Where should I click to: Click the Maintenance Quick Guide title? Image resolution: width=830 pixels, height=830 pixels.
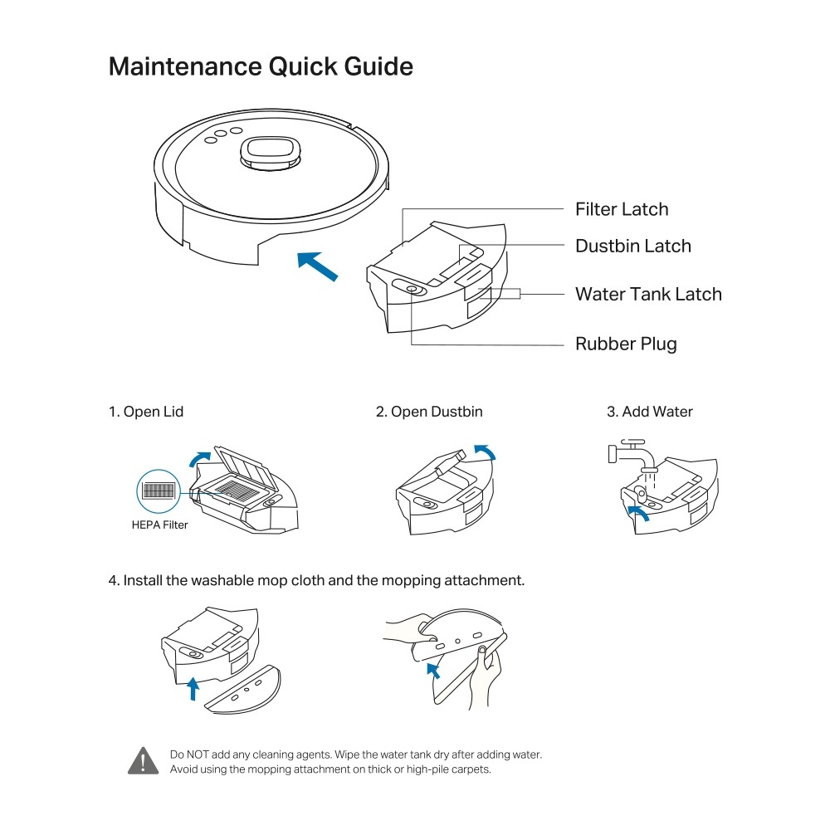[261, 66]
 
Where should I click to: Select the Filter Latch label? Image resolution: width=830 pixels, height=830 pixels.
[622, 209]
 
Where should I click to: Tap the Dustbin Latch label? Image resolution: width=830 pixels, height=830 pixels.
[632, 246]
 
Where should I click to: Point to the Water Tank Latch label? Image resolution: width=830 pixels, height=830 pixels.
[648, 294]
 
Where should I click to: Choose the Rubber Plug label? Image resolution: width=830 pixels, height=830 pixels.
[626, 344]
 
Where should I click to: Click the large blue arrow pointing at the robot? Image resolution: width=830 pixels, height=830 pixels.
[318, 266]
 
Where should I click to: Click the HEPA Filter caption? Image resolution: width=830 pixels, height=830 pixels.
[160, 525]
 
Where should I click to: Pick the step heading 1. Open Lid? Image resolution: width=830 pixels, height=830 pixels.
[146, 412]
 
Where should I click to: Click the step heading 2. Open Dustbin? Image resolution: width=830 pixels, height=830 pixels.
[429, 412]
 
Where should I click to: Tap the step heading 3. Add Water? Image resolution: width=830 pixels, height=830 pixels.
[650, 412]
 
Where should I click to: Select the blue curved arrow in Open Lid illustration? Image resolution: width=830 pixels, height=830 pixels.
[199, 458]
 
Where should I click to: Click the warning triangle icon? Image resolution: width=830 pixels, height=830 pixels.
[143, 760]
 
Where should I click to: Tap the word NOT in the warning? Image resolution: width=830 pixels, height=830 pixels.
[203, 754]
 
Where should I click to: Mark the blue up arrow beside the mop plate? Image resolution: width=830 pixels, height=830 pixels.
[193, 687]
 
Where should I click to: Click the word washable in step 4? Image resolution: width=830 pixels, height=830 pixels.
[222, 580]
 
